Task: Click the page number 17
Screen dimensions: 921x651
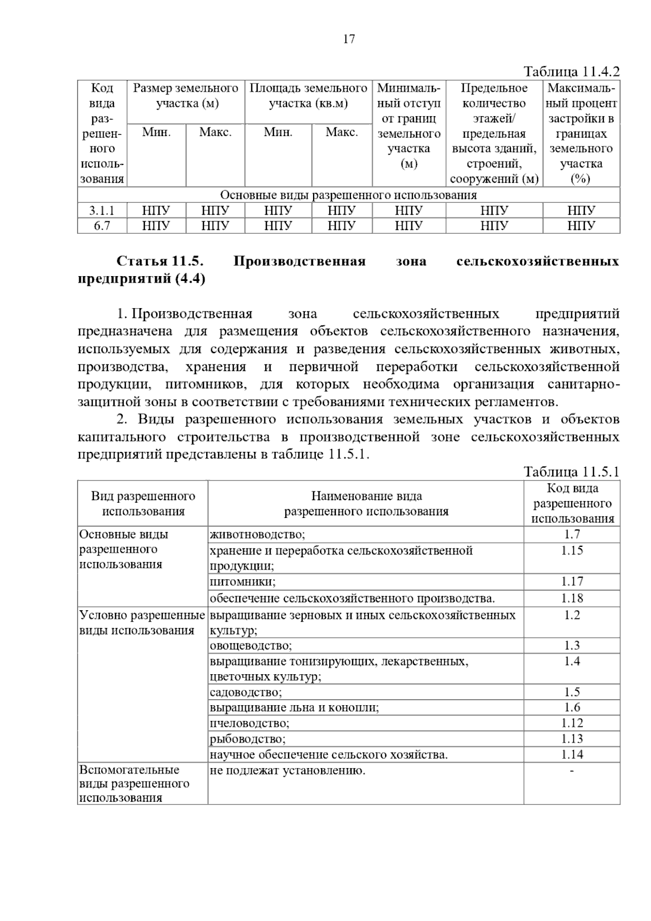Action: pos(349,39)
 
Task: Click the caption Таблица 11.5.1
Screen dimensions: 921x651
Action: pos(571,472)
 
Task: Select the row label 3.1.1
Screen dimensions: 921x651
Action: pos(102,210)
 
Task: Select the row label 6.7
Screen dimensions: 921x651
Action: pos(102,226)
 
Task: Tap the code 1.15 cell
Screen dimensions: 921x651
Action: pos(572,551)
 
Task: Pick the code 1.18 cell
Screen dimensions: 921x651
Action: pos(572,598)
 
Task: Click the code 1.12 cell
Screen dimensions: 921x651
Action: pos(572,723)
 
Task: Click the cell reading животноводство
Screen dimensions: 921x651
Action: pos(258,535)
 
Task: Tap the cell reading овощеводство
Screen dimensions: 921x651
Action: pos(251,645)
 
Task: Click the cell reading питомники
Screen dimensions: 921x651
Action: pos(243,582)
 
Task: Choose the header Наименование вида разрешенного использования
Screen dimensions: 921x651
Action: pos(366,503)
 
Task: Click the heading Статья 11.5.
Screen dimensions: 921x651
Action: pos(160,261)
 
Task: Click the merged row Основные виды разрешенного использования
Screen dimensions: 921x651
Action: pos(348,195)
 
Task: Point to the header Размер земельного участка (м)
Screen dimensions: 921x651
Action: pos(186,95)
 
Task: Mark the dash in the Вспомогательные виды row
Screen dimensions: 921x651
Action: pos(572,770)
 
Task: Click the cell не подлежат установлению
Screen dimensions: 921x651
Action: pos(288,770)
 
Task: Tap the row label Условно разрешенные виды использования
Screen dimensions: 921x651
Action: pos(142,623)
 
